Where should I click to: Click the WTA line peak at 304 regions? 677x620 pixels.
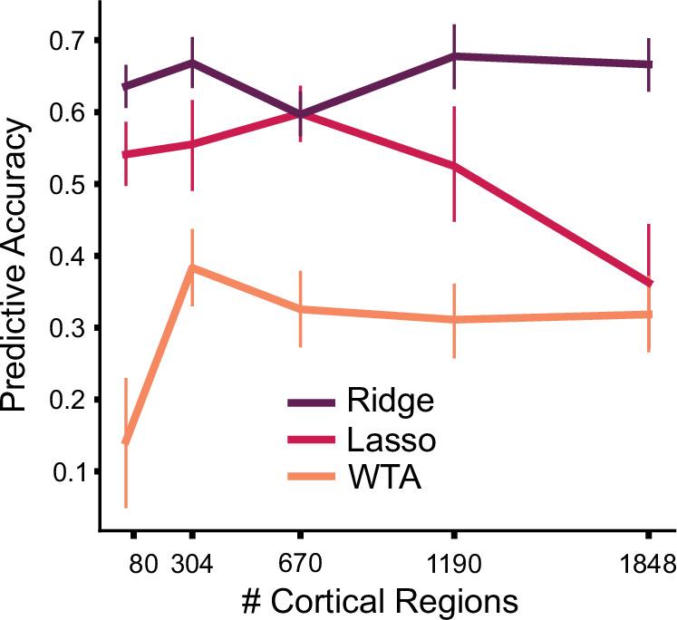(192, 268)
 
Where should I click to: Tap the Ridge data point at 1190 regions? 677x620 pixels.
(453, 56)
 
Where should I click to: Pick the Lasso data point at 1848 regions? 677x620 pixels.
(649, 283)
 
